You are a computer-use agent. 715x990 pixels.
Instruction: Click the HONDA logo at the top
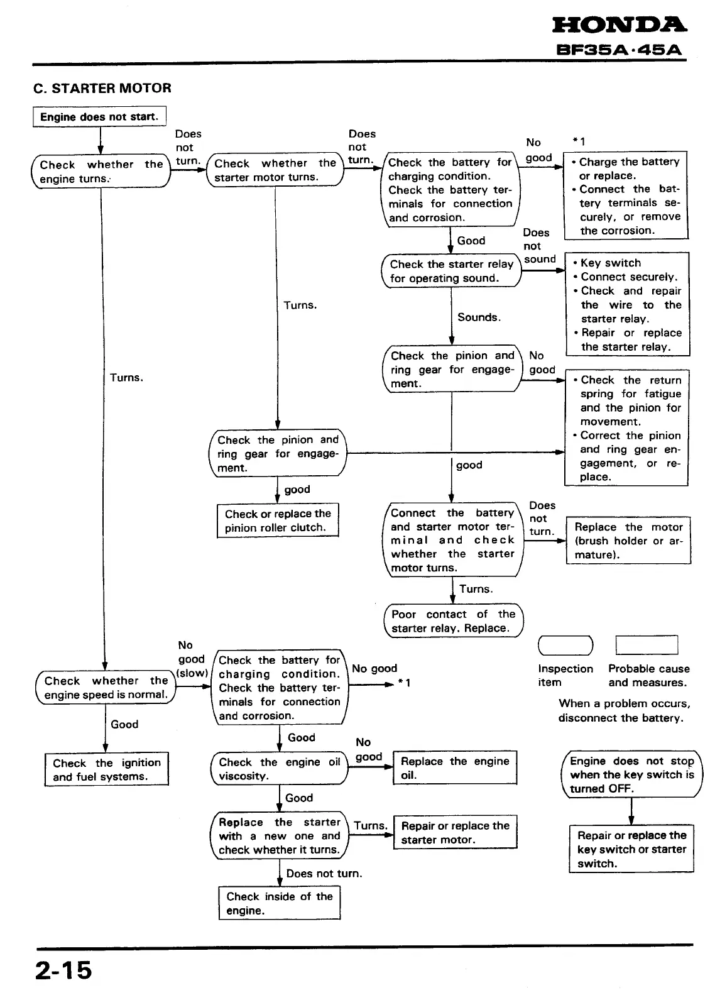(619, 25)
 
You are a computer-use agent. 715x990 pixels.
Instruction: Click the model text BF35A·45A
(619, 50)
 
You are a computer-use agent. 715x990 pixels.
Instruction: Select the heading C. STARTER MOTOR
(102, 88)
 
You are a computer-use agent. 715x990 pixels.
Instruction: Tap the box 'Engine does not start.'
(99, 117)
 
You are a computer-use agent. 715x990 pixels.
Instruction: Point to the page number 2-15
(63, 971)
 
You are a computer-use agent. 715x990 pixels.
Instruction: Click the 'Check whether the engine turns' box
(101, 172)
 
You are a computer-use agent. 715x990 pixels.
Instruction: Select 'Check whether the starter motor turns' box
(275, 170)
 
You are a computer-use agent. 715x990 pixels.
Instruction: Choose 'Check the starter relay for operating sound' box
(451, 271)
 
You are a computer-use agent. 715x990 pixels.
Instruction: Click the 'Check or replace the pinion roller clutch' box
(278, 520)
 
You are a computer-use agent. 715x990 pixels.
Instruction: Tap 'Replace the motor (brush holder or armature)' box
(628, 541)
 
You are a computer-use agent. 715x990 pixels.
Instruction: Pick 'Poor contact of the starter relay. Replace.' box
(453, 621)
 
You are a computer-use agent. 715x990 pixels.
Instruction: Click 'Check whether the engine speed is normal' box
(106, 688)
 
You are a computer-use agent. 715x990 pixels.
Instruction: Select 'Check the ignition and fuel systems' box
(107, 769)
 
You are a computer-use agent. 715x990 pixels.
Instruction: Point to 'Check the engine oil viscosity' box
(279, 769)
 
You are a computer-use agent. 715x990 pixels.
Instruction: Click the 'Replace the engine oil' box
(455, 767)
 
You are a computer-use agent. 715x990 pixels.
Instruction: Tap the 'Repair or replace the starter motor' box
(455, 832)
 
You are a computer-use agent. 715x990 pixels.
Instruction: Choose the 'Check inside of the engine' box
(280, 903)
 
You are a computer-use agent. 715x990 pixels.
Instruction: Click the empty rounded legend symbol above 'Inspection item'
(565, 646)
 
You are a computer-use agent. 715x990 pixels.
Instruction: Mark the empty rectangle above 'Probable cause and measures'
(647, 646)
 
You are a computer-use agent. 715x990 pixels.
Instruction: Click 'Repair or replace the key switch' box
(631, 849)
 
